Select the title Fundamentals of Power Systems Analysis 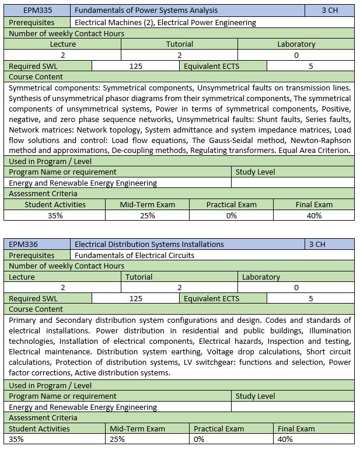pos(146,11)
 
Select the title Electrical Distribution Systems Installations pos(149,244)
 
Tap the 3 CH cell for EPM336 pos(317,244)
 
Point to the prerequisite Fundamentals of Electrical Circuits pos(134,255)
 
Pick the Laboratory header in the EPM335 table pos(296,44)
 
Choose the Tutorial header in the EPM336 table pos(139,277)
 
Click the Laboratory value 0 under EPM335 pos(296,55)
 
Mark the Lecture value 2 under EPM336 pos(63,287)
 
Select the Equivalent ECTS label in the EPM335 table pos(211,66)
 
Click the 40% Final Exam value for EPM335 pos(314,215)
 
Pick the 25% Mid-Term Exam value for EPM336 pos(117,439)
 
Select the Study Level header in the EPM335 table pos(255,172)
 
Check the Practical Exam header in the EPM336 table pos(219,428)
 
